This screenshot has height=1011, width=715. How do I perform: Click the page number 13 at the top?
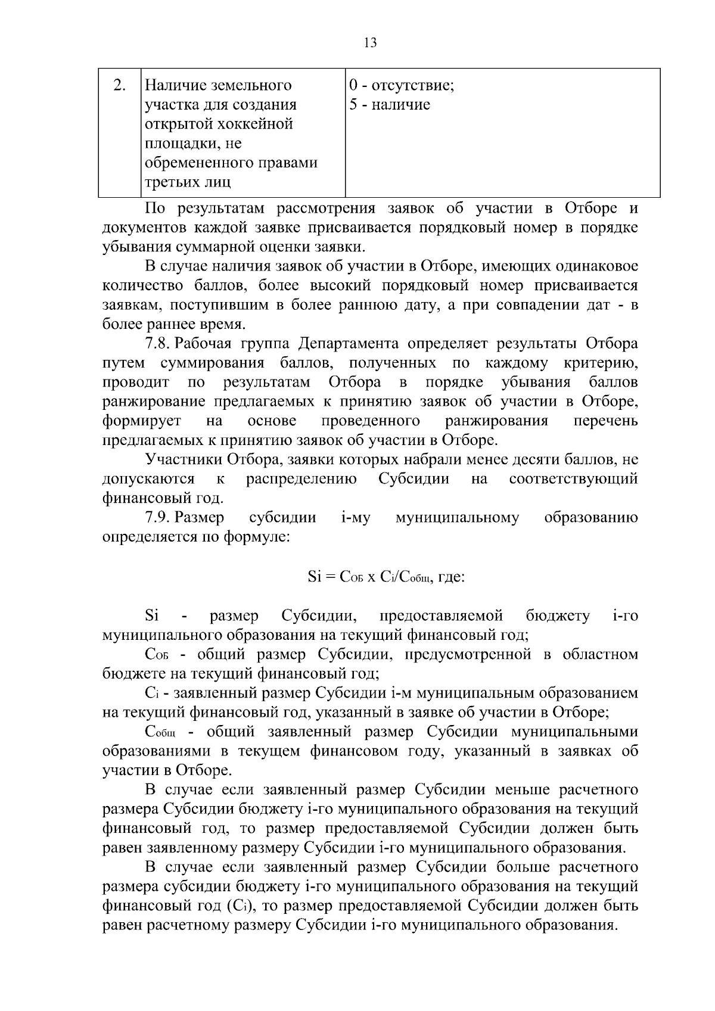[x=369, y=43]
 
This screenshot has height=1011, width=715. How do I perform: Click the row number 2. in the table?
[x=119, y=85]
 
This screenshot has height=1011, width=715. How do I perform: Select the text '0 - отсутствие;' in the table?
[x=402, y=86]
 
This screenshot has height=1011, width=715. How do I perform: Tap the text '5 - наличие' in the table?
[x=390, y=105]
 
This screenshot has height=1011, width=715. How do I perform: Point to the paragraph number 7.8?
[x=158, y=344]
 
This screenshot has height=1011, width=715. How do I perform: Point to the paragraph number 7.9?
[x=158, y=518]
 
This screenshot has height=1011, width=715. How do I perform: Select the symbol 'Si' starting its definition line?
[x=151, y=615]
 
